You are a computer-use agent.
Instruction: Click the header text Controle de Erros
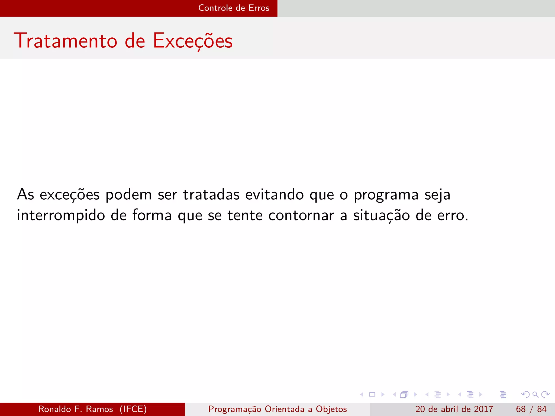[234, 8]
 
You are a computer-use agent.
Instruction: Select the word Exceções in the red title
[193, 41]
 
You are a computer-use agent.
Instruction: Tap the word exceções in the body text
[70, 195]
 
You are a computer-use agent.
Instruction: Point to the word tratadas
[211, 194]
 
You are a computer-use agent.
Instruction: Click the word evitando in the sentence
[274, 194]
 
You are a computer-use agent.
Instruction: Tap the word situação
[381, 216]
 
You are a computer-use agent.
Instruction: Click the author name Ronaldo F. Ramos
[76, 409]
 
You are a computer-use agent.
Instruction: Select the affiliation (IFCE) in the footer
[133, 409]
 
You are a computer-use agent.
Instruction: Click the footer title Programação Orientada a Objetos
[277, 409]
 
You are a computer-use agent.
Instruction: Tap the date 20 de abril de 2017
[454, 409]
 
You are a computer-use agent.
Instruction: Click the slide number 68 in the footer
[521, 409]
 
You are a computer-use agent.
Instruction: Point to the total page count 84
[542, 409]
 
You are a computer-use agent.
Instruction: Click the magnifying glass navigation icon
[535, 394]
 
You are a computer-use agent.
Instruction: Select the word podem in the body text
[128, 194]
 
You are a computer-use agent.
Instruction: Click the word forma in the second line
[152, 216]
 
